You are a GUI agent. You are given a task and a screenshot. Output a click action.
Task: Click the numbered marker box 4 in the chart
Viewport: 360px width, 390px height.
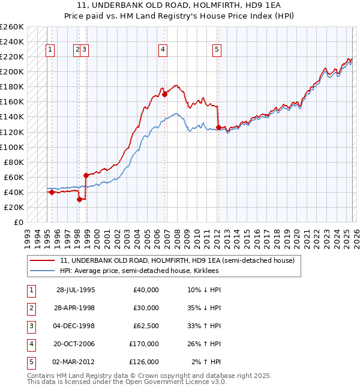point(163,50)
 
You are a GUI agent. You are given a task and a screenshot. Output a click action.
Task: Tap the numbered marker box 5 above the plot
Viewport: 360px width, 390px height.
point(216,50)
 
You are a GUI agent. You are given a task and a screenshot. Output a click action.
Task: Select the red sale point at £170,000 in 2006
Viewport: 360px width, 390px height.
point(164,94)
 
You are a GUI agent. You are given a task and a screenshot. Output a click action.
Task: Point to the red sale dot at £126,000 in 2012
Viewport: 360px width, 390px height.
point(218,127)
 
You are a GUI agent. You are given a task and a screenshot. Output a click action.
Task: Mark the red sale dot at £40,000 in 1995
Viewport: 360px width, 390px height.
point(52,192)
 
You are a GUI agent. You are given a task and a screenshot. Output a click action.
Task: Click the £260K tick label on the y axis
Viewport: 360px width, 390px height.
point(11,27)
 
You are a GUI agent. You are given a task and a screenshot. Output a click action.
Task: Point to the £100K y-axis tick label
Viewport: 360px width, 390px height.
point(11,147)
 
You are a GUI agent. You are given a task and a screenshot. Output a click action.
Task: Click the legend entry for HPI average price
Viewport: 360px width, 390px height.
point(139,271)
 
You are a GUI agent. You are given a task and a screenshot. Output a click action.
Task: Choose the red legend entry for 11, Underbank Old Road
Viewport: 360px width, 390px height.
point(177,261)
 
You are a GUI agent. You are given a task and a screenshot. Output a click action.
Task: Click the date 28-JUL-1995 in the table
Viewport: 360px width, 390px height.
point(76,290)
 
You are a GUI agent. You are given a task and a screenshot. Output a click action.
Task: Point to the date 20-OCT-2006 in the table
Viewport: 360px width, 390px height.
point(76,344)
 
